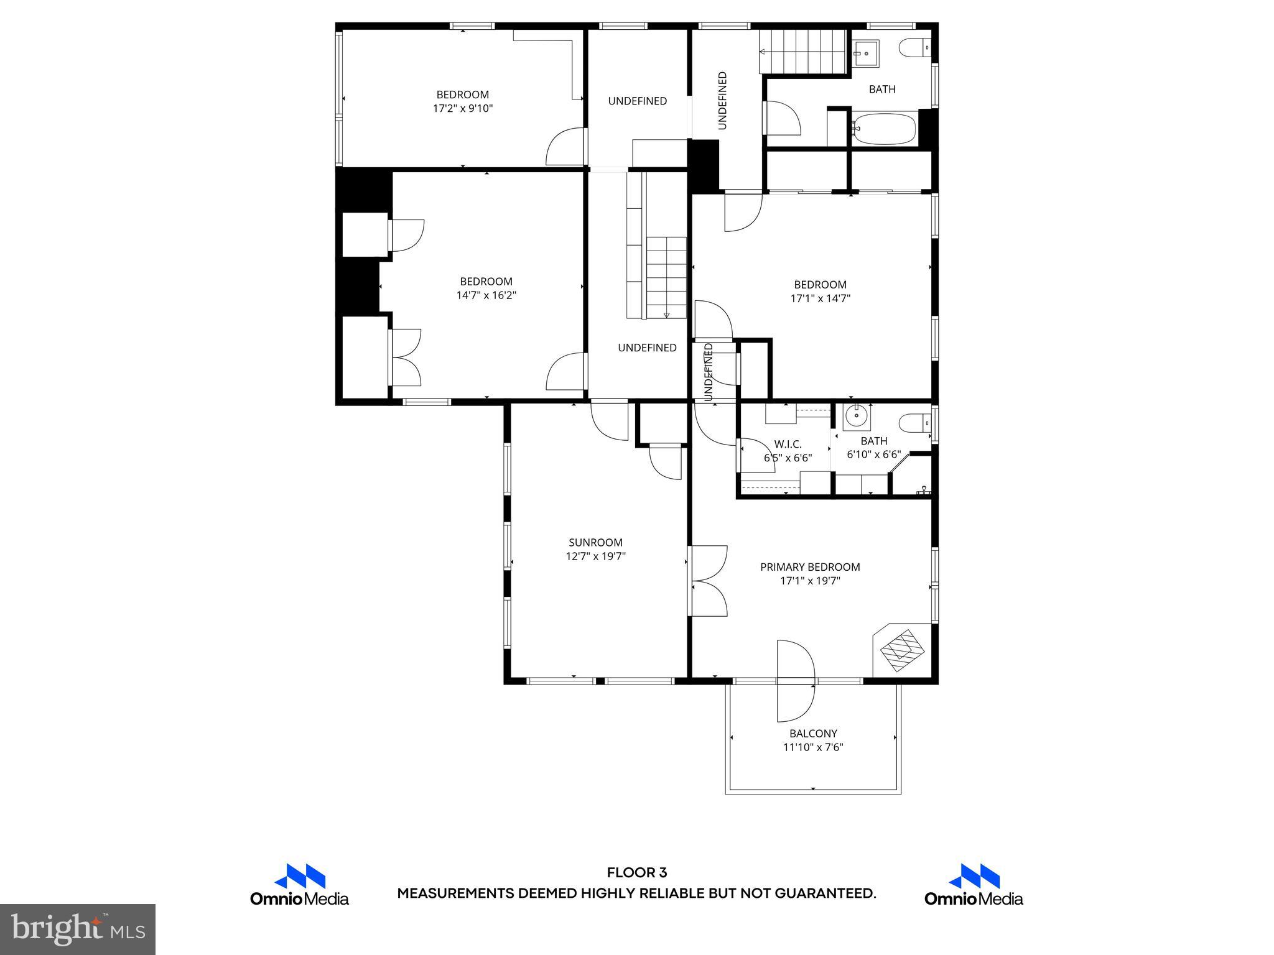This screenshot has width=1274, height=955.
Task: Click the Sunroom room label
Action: point(595,542)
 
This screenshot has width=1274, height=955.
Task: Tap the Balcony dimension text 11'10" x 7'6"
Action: point(813,747)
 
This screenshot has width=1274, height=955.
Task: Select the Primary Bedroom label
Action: point(810,567)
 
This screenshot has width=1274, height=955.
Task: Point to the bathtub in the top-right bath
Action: point(883,129)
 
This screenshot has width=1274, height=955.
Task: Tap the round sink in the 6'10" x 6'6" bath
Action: point(857,415)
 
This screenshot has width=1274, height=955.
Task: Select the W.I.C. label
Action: point(788,445)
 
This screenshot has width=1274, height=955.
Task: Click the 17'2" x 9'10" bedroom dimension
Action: point(463,108)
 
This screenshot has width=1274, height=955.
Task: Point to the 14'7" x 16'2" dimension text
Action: point(486,295)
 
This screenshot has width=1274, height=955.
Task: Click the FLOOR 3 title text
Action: point(636,873)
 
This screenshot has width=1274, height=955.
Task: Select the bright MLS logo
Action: point(78,929)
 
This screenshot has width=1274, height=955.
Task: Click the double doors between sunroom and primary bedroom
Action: point(708,581)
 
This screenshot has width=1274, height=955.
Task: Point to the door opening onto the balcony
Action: point(796,681)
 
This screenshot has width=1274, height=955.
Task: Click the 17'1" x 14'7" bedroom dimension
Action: point(820,298)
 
